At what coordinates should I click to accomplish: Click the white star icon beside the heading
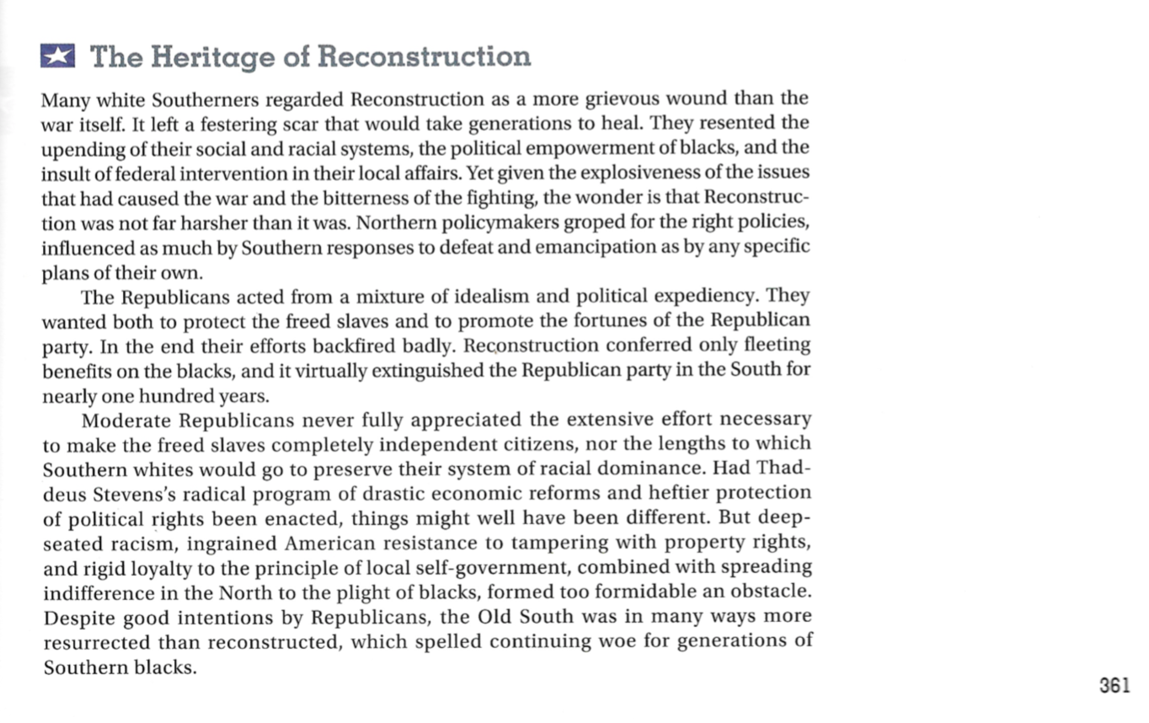tap(57, 56)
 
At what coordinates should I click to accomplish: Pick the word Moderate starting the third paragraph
tap(126, 420)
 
